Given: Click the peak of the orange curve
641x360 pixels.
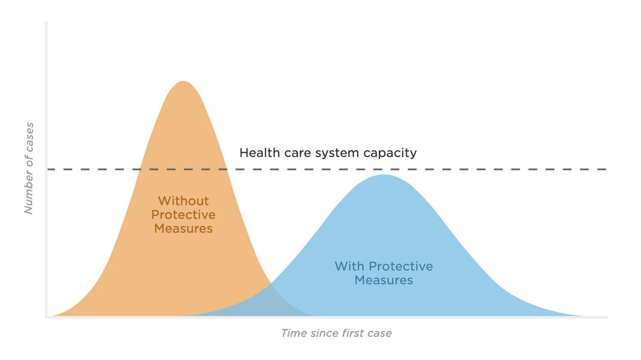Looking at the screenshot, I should click(x=183, y=82).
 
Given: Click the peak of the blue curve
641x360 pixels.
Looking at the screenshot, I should click(x=384, y=175).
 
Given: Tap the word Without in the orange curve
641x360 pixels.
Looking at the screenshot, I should click(x=183, y=201).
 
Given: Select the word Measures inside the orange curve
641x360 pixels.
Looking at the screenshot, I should click(x=183, y=228).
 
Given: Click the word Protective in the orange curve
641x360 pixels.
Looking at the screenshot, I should click(x=183, y=214).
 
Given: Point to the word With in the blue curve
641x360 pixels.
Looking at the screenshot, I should click(x=350, y=266).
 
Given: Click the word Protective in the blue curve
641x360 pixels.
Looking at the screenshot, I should click(x=401, y=266).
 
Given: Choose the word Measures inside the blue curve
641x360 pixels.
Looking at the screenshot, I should click(x=384, y=280).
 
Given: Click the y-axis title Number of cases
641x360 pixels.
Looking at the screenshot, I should click(x=29, y=168).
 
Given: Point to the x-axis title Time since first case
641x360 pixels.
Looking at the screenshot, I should click(x=336, y=333).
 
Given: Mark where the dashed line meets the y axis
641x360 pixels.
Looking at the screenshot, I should click(x=47, y=169).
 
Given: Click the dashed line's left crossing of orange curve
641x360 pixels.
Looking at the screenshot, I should click(x=140, y=169).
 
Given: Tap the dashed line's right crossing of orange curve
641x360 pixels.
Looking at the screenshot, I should click(x=226, y=169).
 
